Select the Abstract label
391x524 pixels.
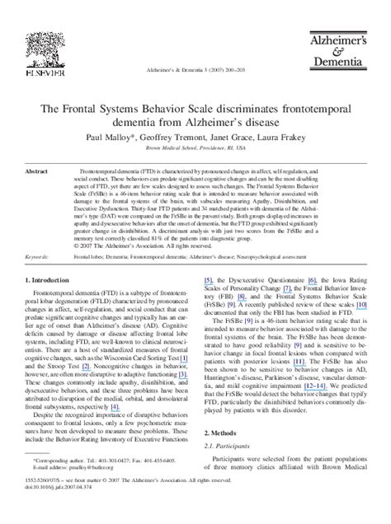[x=37, y=171]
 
